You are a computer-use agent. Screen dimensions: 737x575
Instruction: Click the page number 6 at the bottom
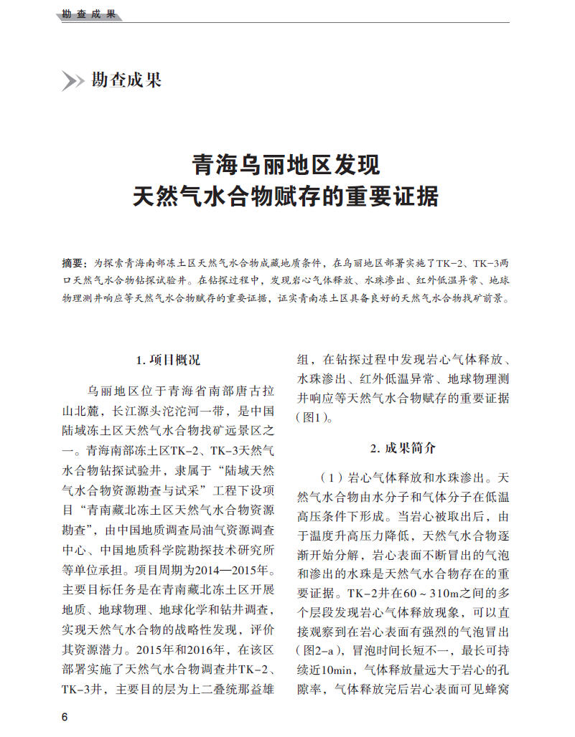65,718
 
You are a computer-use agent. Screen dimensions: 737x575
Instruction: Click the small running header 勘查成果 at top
89,14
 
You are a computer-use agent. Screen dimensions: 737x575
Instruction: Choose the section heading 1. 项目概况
168,360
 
